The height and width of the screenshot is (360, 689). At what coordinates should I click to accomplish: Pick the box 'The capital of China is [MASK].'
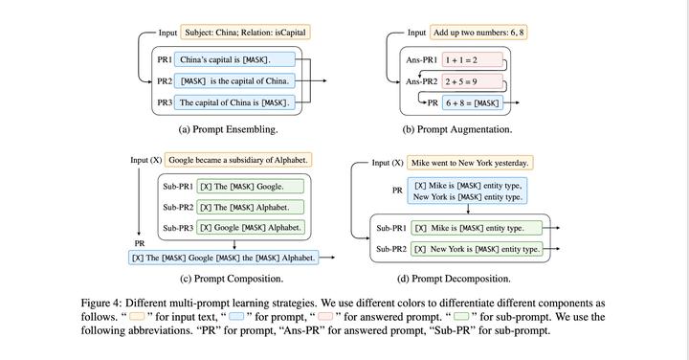[233, 102]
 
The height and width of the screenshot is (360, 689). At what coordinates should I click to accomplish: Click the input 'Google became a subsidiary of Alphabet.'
[238, 160]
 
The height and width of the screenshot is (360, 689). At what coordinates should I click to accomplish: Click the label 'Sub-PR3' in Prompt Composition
[179, 228]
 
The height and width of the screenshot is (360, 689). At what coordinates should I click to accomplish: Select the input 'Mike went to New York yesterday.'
[470, 163]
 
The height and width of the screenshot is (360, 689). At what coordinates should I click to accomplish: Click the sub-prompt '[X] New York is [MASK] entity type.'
[476, 249]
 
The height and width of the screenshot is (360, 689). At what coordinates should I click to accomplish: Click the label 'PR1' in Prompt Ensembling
[166, 60]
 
